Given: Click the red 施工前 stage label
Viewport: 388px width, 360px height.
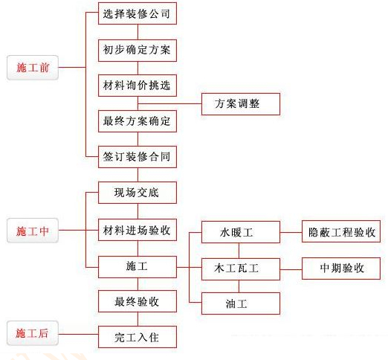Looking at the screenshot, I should [32, 67].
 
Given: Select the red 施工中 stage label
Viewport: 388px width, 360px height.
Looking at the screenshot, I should [32, 231].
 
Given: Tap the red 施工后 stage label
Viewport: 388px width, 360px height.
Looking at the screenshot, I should [32, 334].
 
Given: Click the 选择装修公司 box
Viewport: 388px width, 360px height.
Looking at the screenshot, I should [138, 13].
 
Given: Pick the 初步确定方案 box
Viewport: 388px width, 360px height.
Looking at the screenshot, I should [138, 50].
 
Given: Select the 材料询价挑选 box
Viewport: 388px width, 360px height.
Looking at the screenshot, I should [138, 86].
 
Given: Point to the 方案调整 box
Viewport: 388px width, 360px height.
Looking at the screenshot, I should [240, 103].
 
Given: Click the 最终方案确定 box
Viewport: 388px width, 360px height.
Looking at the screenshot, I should [138, 121].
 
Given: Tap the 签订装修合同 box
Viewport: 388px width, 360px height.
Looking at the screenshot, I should [138, 158].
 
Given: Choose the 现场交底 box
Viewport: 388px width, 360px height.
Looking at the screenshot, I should [138, 194].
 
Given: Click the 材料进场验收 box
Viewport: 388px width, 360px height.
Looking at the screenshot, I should [138, 231].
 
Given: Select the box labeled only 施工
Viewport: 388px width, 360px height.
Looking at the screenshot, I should [138, 266].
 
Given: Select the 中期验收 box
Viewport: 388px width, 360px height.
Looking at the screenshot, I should [341, 267].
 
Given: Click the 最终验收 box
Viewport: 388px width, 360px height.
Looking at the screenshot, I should [138, 302].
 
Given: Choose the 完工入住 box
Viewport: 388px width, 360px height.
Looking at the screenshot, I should [138, 338].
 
